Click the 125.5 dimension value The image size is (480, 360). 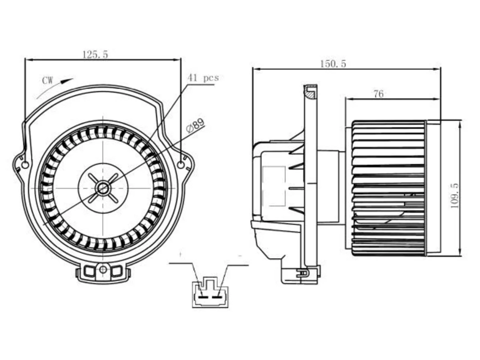point(95,55)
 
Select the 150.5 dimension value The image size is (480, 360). point(333,64)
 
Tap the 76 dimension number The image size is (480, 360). point(378,94)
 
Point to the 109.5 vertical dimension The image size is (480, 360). point(454,196)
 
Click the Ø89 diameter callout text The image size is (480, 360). point(195,126)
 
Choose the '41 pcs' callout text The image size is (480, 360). point(203,78)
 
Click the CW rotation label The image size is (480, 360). point(48,80)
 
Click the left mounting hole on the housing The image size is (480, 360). point(25,165)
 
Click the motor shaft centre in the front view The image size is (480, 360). point(102,188)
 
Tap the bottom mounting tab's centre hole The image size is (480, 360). point(103,270)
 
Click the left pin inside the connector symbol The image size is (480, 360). point(203,297)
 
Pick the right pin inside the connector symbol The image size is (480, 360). point(216,297)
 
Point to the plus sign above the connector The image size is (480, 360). point(181,254)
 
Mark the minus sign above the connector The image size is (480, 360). point(240,255)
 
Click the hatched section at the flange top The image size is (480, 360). point(311,94)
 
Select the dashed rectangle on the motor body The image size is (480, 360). point(274,186)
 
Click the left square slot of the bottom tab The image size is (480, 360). point(89,271)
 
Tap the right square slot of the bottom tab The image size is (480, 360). point(116,271)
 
